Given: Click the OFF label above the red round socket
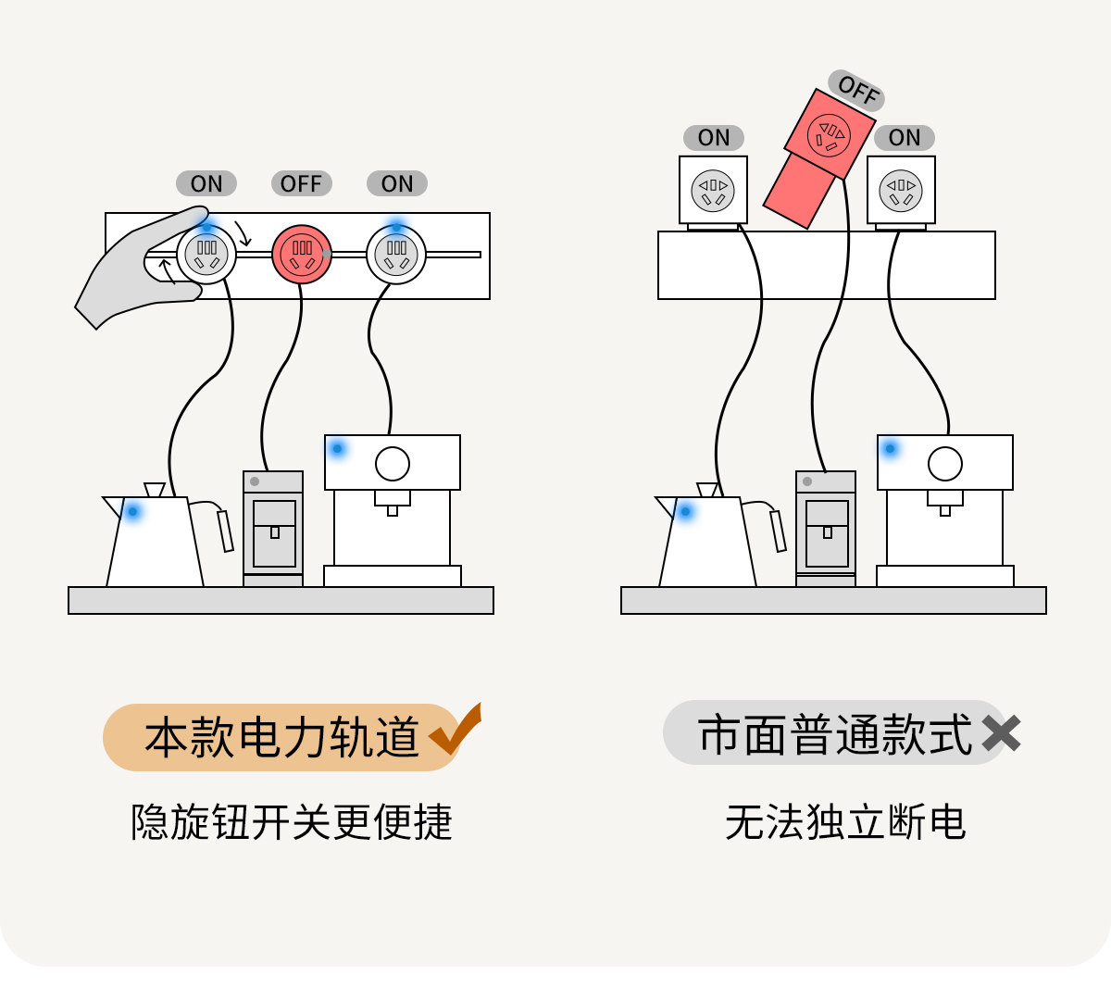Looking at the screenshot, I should tap(301, 183).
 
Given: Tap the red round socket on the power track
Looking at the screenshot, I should tap(302, 255).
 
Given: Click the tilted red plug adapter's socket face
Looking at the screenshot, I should tap(829, 135).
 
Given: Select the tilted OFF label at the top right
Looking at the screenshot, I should tap(856, 91).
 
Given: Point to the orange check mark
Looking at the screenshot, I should tap(456, 731).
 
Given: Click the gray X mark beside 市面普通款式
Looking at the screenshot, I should tap(1001, 734).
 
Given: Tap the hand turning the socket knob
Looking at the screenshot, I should tap(139, 269).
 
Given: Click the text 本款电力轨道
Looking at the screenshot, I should tap(281, 737).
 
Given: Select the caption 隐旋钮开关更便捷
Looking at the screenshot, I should tap(292, 822).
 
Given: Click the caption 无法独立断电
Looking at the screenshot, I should tap(845, 822).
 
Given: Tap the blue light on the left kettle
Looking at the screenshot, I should tap(133, 510).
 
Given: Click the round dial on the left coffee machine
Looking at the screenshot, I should tap(393, 463).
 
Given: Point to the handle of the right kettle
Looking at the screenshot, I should tap(778, 530).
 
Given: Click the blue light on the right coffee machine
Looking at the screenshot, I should tap(890, 449).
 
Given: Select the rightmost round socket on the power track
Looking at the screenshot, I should tap(396, 255).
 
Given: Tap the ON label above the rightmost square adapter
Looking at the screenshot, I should tap(904, 138).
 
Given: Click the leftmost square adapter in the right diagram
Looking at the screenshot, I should tap(713, 191).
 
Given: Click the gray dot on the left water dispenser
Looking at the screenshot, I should tap(255, 481).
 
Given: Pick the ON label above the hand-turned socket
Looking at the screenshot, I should tap(206, 183).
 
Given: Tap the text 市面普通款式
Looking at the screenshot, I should tap(835, 735).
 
